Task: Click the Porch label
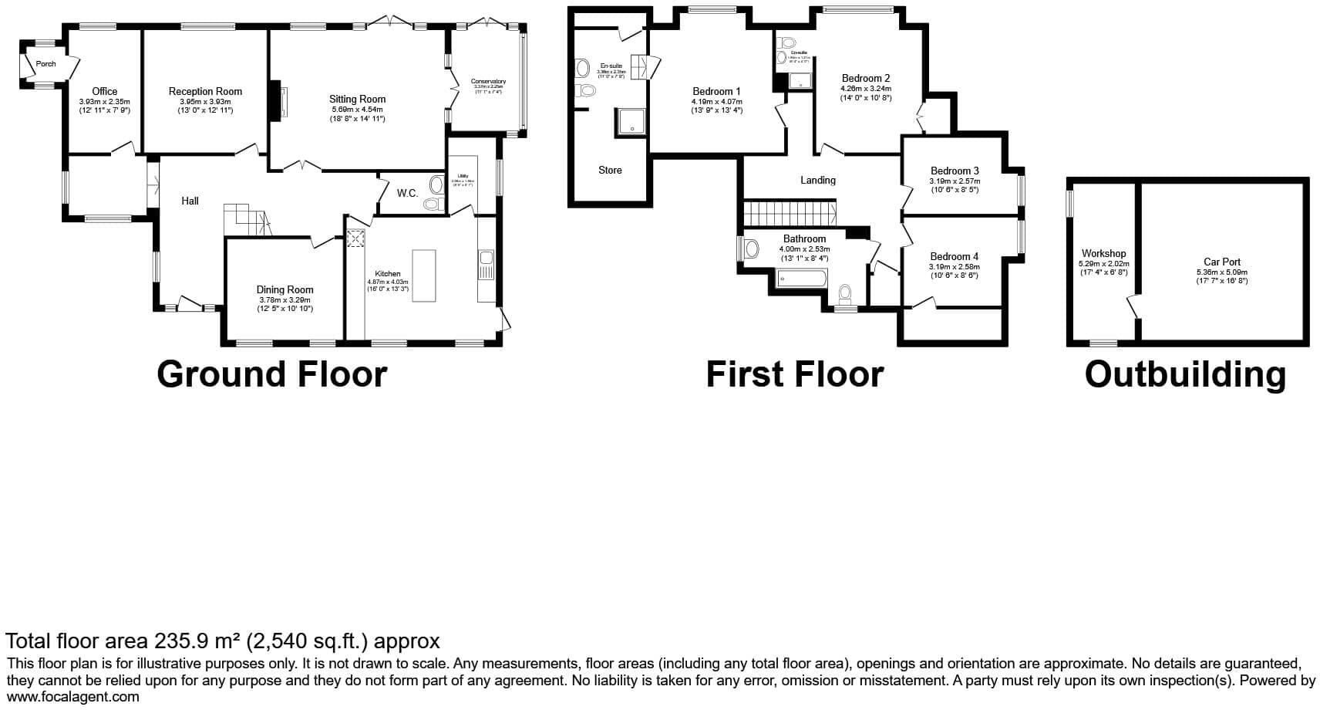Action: [x=45, y=64]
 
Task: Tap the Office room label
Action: [x=105, y=91]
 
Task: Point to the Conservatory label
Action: [x=488, y=81]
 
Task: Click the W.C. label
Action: [x=407, y=193]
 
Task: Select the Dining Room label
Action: [x=285, y=289]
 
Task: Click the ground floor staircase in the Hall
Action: [x=247, y=219]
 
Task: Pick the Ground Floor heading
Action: [x=271, y=374]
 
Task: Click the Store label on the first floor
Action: [x=610, y=170]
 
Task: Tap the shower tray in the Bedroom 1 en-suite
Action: [x=629, y=121]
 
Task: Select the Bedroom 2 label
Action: [x=866, y=78]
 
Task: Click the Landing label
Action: [x=817, y=180]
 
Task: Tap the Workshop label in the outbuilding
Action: [x=1103, y=253]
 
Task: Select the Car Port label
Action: [x=1222, y=262]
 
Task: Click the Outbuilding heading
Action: [x=1185, y=374]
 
